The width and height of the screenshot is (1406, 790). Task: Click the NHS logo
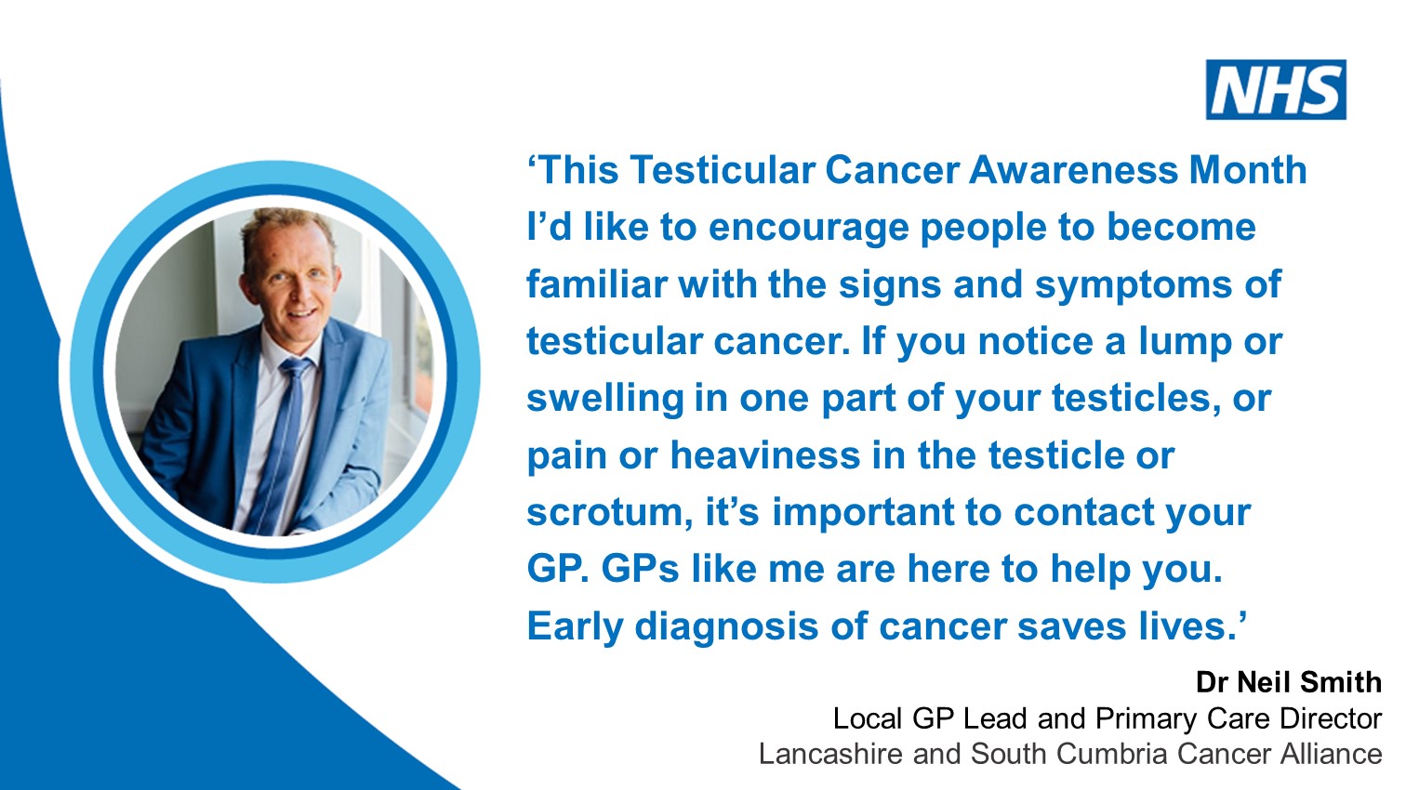[x=1276, y=90]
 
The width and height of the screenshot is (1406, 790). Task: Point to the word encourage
[x=815, y=229]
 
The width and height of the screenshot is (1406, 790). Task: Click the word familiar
[x=596, y=284]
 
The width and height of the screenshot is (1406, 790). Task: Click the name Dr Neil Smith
[x=1288, y=682]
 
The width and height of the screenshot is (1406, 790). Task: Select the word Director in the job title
[x=1331, y=718]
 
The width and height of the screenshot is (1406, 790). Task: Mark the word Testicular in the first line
[x=723, y=170]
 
